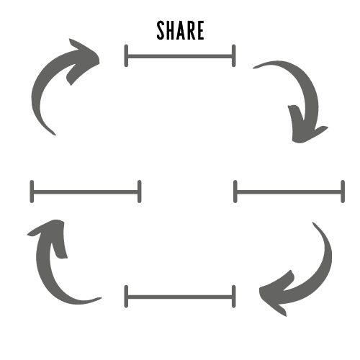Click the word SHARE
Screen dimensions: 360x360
point(180,30)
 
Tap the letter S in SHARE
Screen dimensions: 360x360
point(161,30)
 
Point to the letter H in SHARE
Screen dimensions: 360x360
point(170,30)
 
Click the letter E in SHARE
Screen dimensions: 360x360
point(200,30)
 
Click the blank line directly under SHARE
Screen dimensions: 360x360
point(180,56)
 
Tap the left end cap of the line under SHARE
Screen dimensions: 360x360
point(126,55)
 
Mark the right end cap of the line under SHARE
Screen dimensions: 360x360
point(234,55)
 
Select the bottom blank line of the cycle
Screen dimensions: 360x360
point(180,297)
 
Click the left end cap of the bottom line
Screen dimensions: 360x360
point(126,297)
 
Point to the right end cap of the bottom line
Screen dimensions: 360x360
point(234,297)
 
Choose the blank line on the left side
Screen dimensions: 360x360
point(86,192)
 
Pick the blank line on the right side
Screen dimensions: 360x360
point(289,192)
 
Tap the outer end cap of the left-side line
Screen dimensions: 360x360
point(32,192)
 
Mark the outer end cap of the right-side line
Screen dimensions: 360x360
point(343,192)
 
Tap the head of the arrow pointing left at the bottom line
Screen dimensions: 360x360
point(276,294)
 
